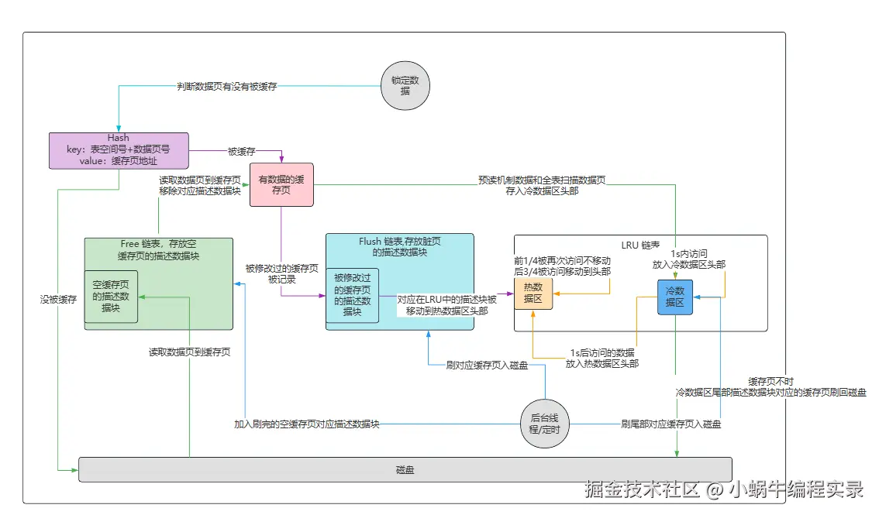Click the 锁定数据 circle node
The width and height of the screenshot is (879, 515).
(x=405, y=86)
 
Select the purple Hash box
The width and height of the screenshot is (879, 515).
(x=119, y=150)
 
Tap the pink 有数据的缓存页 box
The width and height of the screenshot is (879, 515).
(x=281, y=184)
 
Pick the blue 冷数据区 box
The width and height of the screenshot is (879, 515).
(x=674, y=297)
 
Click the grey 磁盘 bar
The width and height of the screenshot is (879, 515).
(x=405, y=469)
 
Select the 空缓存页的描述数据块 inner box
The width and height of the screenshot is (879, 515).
(x=111, y=297)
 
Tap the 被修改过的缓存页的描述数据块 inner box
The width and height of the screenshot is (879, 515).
(x=352, y=294)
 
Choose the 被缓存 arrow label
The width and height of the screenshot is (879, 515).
(x=241, y=151)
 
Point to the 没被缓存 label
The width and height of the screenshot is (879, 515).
(x=58, y=298)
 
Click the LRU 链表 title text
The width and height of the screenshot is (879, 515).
(x=641, y=245)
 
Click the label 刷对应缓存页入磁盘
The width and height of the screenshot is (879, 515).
(x=488, y=365)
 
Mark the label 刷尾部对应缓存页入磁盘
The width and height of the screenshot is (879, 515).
(x=671, y=424)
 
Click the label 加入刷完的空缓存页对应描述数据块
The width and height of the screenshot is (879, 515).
(x=307, y=424)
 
